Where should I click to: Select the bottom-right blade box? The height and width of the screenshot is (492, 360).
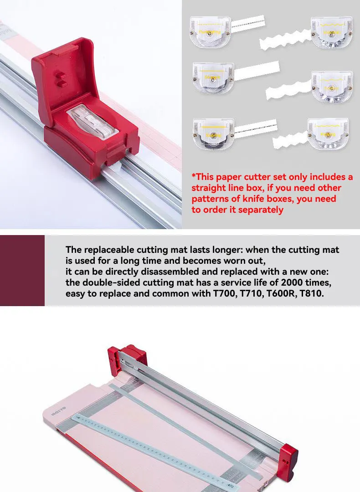328,133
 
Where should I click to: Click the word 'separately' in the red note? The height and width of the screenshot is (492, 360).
261,210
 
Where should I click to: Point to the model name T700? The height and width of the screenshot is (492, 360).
223,294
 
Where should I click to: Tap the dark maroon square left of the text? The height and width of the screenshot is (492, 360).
22,270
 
